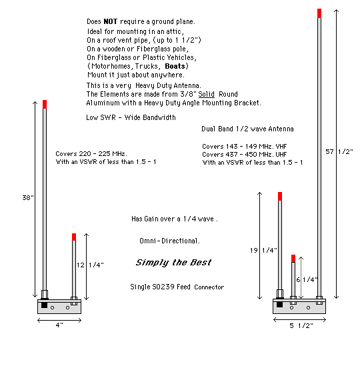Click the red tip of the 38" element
coord(45,105)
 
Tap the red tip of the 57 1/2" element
coord(319,13)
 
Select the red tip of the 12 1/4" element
coord(74,237)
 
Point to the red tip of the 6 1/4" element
coord(293,259)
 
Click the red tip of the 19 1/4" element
coord(280,197)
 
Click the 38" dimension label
coord(28,197)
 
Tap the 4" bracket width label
coord(59,325)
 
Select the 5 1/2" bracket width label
coord(301,325)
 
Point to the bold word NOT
coord(111,21)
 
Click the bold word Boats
coord(175,66)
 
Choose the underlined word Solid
coord(206,95)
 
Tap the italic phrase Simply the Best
coord(173,263)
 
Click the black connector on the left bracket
coord(45,305)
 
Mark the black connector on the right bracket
coord(279,305)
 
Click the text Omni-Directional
coord(169,241)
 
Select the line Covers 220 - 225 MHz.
coord(91,154)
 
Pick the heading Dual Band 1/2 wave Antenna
coord(247,129)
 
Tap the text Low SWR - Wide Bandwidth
coord(131,117)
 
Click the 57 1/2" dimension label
coord(339,151)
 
